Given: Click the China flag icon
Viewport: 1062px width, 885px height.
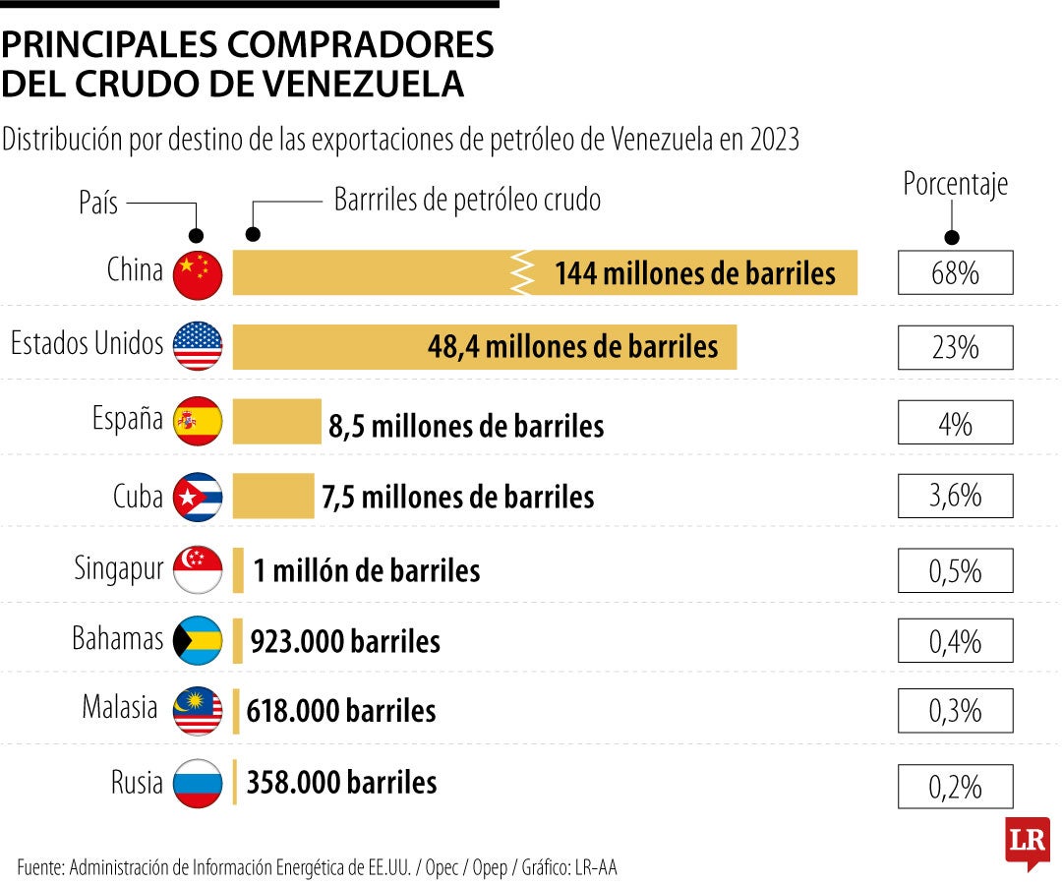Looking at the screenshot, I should point(198,273).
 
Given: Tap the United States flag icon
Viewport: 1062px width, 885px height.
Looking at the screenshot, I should point(198,346).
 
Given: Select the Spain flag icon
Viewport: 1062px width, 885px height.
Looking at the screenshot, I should point(198,422).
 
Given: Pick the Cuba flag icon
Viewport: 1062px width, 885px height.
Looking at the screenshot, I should point(198,497).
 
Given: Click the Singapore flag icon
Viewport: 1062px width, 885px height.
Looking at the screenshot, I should point(198,569).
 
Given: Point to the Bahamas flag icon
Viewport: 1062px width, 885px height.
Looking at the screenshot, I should point(198,641).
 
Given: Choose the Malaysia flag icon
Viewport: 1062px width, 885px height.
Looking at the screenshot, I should point(198,711).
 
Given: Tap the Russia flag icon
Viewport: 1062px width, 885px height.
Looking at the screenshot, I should point(198,784).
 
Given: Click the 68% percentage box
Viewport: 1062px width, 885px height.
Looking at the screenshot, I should point(955,272).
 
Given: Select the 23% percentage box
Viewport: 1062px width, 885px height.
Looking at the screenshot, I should point(955,347).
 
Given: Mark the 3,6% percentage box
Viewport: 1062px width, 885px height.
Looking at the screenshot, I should point(955,495).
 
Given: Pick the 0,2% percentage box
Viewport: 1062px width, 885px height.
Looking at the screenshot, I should point(955,787).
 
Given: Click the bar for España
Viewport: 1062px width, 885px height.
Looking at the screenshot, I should point(276,421).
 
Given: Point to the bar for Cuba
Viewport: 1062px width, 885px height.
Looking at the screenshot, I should point(272,496).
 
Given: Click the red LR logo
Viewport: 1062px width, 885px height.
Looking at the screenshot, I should point(1027,842).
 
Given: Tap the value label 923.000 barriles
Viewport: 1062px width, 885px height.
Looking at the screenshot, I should point(345,642).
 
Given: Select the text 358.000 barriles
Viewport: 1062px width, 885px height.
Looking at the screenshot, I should point(341,783).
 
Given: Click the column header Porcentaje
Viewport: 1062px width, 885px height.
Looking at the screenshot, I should point(955,185).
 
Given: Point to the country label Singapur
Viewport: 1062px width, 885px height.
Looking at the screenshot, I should point(118,568).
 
